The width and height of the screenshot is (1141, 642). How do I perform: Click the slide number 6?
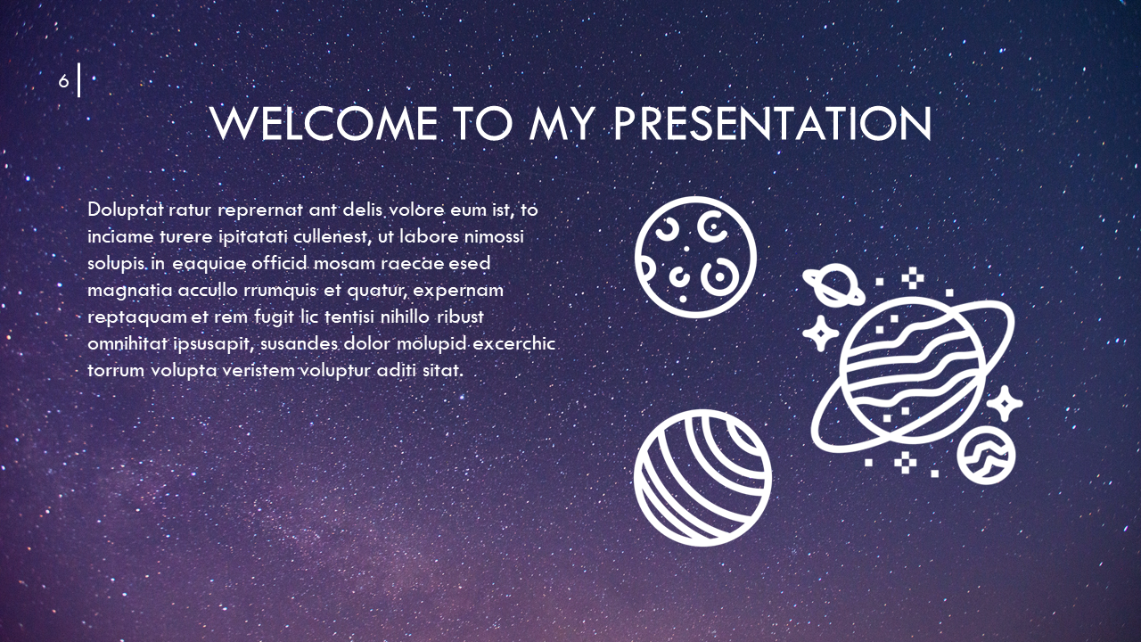click(63, 81)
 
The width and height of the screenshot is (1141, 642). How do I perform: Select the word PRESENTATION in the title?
click(773, 124)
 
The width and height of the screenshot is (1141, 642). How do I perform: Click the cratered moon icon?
click(695, 256)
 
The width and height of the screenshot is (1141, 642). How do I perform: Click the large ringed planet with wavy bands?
click(913, 374)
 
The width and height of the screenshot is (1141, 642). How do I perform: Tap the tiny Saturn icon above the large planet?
click(833, 284)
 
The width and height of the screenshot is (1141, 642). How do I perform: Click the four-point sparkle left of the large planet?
click(818, 333)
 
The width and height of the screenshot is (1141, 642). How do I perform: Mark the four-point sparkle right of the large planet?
click(1005, 404)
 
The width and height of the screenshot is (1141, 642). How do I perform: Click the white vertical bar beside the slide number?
click(79, 81)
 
